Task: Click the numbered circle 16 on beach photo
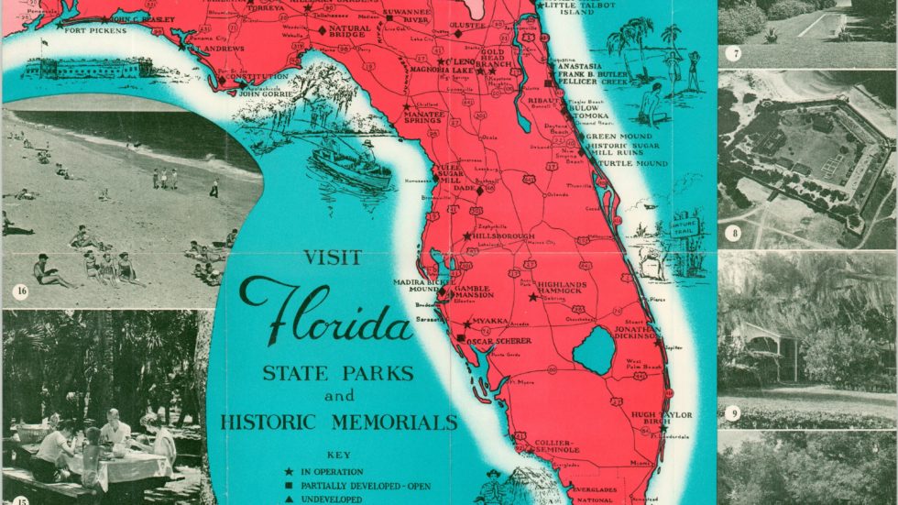pyautogui.click(x=20, y=293)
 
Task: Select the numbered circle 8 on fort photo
pyautogui.click(x=735, y=233)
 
